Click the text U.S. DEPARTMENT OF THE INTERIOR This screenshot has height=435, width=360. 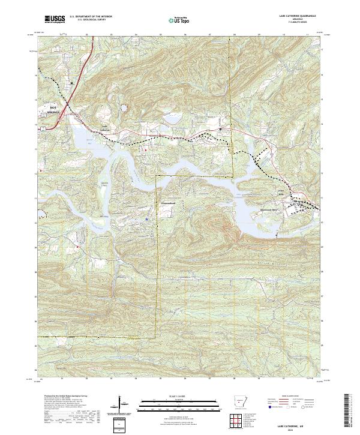point(91,17)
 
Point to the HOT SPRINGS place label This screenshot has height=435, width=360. point(56,109)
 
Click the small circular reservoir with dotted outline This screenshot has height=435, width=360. point(124,108)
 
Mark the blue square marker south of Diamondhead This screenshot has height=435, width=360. point(147,220)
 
